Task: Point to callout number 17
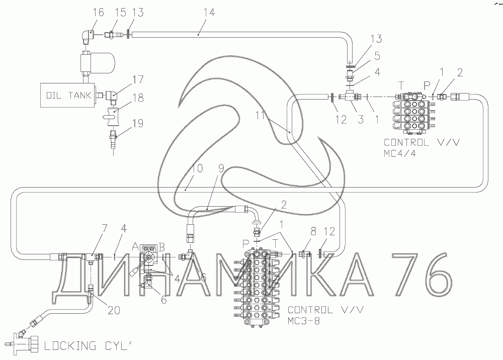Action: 137,79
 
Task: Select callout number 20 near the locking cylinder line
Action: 114,310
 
